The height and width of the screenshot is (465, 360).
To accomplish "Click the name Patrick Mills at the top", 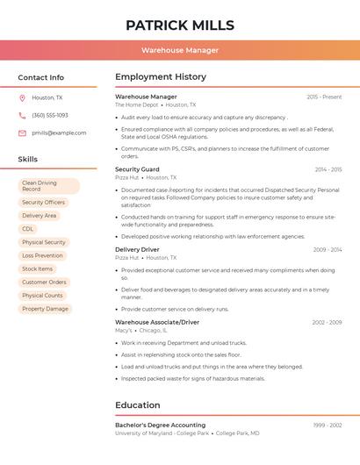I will pyautogui.click(x=180, y=25).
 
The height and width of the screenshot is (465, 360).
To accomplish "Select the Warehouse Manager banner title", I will pyautogui.click(x=180, y=50).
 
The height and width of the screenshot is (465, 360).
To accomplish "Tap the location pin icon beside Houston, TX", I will pyautogui.click(x=22, y=98).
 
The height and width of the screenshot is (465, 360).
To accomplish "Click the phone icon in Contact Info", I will pyautogui.click(x=22, y=116).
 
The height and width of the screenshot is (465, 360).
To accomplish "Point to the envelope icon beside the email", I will pyautogui.click(x=22, y=133).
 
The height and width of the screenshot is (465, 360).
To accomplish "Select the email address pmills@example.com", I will pyautogui.click(x=59, y=133).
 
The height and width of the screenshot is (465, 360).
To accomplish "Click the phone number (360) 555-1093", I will pyautogui.click(x=50, y=116).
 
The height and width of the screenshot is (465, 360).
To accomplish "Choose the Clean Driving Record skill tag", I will pyautogui.click(x=48, y=186).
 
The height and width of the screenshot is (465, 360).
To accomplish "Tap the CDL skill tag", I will pyautogui.click(x=28, y=229).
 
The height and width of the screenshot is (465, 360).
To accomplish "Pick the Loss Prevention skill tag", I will pyautogui.click(x=42, y=255).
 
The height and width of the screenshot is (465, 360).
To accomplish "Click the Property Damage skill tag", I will pyautogui.click(x=45, y=309).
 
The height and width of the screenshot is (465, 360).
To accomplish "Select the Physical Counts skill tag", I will pyautogui.click(x=42, y=296).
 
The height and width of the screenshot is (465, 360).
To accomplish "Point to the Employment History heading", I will pyautogui.click(x=161, y=77).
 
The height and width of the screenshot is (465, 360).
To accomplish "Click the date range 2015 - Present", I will pyautogui.click(x=324, y=97).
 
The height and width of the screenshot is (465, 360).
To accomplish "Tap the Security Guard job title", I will pyautogui.click(x=137, y=169).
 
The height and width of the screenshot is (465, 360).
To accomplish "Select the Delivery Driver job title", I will pyautogui.click(x=137, y=250).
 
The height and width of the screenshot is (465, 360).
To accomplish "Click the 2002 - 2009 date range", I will pyautogui.click(x=327, y=323).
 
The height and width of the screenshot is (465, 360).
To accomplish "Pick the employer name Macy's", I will pyautogui.click(x=123, y=331).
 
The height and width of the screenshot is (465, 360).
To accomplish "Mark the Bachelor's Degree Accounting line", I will pyautogui.click(x=160, y=426).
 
